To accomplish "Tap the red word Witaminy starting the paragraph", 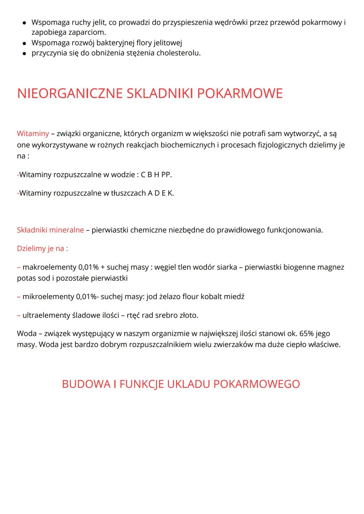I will pyautogui.click(x=33, y=133).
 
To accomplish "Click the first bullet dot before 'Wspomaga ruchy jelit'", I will pyautogui.click(x=24, y=23).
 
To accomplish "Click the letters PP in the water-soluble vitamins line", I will pyautogui.click(x=166, y=174).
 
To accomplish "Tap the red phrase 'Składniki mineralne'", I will pyautogui.click(x=50, y=230).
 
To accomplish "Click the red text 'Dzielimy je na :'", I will pyautogui.click(x=42, y=249).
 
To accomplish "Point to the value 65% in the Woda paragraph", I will pyautogui.click(x=306, y=333).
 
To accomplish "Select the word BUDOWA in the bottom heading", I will pyautogui.click(x=86, y=384).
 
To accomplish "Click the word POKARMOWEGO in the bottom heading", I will pyautogui.click(x=256, y=384).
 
